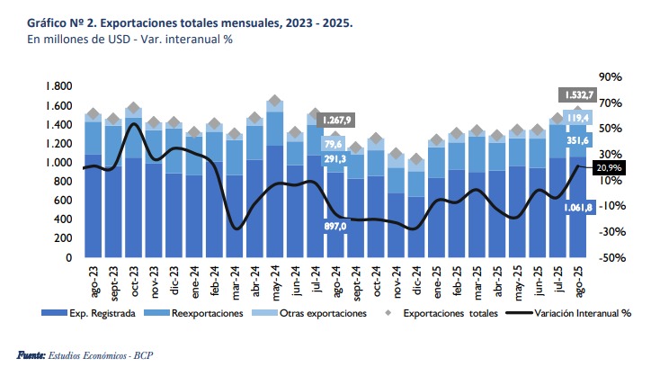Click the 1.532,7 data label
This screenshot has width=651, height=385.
coord(578,94)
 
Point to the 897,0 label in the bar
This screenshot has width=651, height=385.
coord(335,226)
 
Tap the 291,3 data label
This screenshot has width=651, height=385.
coord(334,159)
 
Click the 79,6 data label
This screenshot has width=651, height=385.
coord(334,144)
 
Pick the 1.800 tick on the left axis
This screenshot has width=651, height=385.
coord(58,86)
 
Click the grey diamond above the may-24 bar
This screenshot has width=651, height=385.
coord(275,102)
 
